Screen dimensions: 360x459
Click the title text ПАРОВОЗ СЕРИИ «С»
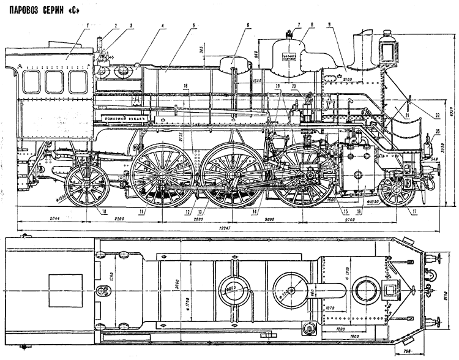45,10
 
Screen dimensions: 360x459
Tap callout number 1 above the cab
88,25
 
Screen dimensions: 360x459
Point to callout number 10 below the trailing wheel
104,212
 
